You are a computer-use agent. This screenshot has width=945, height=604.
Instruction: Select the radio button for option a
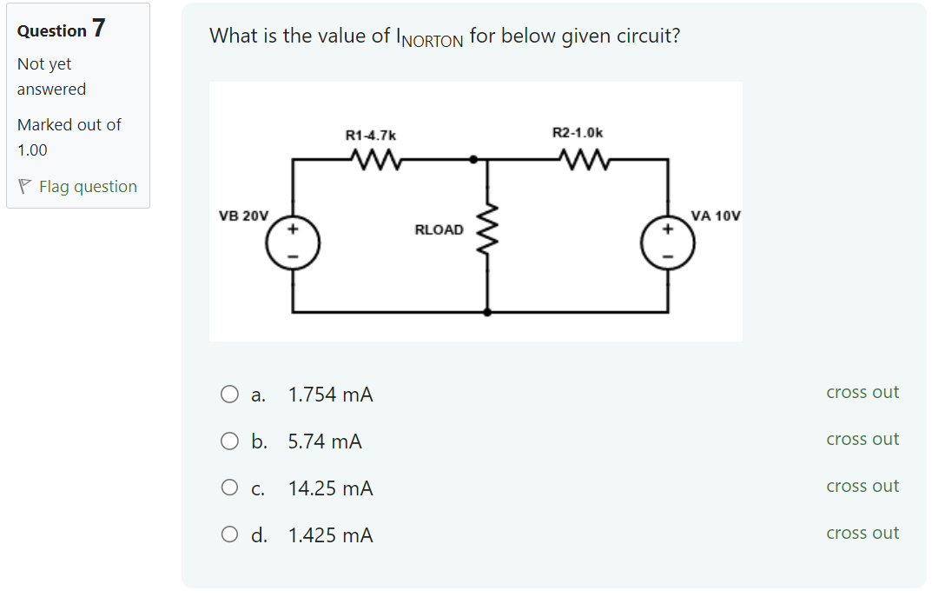pyautogui.click(x=229, y=395)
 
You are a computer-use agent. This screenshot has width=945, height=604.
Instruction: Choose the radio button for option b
pyautogui.click(x=229, y=441)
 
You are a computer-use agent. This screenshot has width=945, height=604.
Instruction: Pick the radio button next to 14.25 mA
pyautogui.click(x=229, y=488)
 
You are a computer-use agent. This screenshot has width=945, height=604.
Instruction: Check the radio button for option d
pyautogui.click(x=229, y=535)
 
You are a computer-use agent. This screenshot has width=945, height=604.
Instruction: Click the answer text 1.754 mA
pyautogui.click(x=330, y=395)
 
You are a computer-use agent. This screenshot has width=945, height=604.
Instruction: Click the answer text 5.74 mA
pyautogui.click(x=325, y=441)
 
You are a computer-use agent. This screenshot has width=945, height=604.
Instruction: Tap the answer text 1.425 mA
pyautogui.click(x=330, y=535)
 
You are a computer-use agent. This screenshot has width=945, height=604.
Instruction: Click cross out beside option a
pyautogui.click(x=862, y=392)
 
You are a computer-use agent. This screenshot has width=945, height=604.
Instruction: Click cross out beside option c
pyautogui.click(x=862, y=486)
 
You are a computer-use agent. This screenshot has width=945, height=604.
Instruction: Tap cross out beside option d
pyautogui.click(x=862, y=533)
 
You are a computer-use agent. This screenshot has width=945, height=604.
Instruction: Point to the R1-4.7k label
pyautogui.click(x=371, y=135)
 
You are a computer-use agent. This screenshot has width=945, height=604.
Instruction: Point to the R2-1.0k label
pyautogui.click(x=578, y=132)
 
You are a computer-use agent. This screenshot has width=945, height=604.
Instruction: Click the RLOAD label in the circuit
pyautogui.click(x=439, y=230)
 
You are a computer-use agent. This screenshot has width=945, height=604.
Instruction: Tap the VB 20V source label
pyautogui.click(x=244, y=216)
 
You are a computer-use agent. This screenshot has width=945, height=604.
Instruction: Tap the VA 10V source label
pyautogui.click(x=716, y=216)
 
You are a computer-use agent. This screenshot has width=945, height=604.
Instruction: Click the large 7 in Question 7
pyautogui.click(x=99, y=29)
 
